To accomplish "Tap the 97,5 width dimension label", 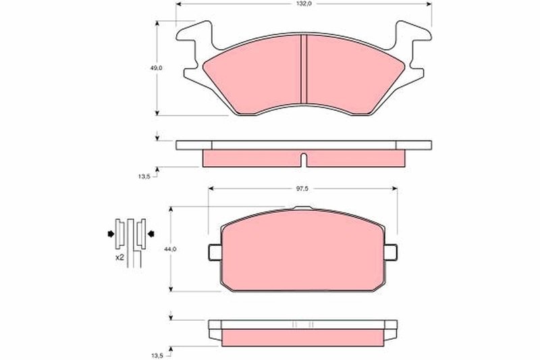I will [302, 188].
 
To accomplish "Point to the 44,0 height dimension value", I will [170, 249].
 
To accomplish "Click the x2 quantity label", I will [119, 258].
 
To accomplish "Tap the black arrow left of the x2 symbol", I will [109, 234].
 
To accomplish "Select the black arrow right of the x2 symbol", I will [151, 234].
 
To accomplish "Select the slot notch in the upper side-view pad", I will [303, 160].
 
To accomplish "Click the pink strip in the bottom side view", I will [302, 336].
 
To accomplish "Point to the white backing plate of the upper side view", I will [303, 145].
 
